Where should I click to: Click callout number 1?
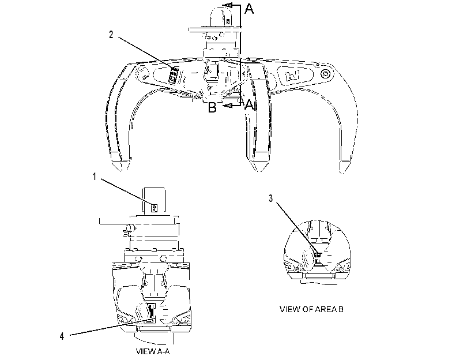[95, 177]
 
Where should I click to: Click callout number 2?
[111, 35]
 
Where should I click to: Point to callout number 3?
[271, 198]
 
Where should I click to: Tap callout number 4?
[62, 336]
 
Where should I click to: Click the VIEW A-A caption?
[153, 351]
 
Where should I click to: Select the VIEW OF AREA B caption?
[311, 309]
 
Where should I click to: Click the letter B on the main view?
[212, 107]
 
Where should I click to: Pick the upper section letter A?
[249, 9]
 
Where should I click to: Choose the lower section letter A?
[248, 104]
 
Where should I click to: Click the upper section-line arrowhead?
[228, 5]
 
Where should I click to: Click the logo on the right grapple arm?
[292, 75]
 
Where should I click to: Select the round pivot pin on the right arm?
[325, 74]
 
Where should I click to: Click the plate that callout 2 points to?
[174, 74]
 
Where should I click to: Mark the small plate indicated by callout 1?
[155, 208]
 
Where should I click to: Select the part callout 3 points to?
[318, 256]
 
